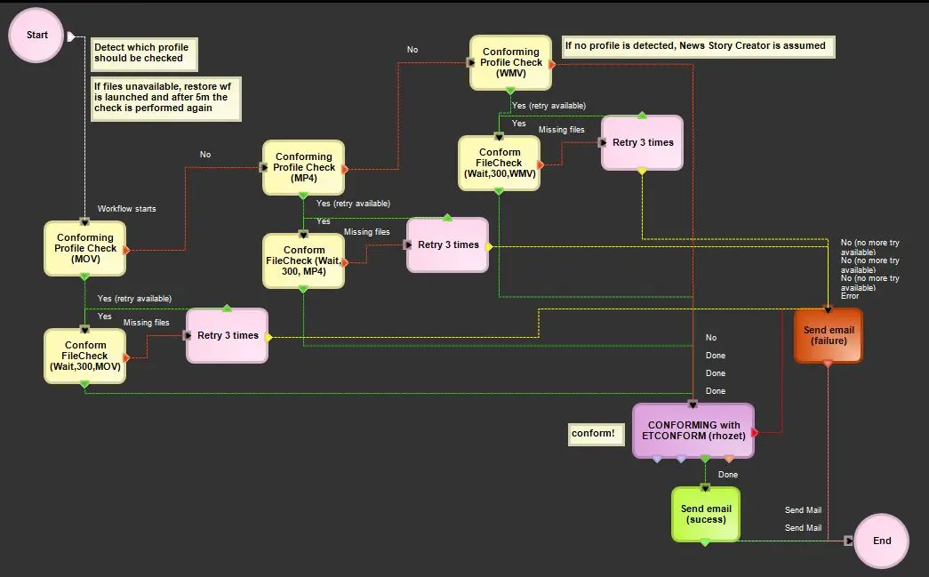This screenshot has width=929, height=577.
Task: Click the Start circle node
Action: pyautogui.click(x=37, y=36)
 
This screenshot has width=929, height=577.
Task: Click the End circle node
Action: pyautogui.click(x=881, y=541)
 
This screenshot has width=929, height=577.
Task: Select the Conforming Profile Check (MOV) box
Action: pyautogui.click(x=85, y=248)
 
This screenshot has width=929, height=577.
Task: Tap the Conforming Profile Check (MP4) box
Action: pyautogui.click(x=303, y=167)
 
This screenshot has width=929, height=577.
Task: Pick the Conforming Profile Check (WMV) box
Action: pyautogui.click(x=510, y=62)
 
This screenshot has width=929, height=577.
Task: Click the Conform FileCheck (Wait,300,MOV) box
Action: pyautogui.click(x=85, y=356)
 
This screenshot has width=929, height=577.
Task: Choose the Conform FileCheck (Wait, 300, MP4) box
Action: pyautogui.click(x=303, y=260)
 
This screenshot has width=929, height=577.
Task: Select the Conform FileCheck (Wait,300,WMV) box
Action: pyautogui.click(x=499, y=163)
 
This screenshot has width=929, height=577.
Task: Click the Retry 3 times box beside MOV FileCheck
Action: pyautogui.click(x=227, y=335)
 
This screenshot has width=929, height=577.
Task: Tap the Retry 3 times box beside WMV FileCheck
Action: pyautogui.click(x=642, y=142)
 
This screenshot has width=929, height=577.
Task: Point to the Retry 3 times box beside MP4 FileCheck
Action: pyautogui.click(x=447, y=244)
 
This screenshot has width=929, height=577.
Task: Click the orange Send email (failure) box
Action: pyautogui.click(x=828, y=335)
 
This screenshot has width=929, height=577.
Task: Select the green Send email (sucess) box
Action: pyautogui.click(x=705, y=514)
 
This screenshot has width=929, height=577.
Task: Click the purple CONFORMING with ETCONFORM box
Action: pyautogui.click(x=693, y=430)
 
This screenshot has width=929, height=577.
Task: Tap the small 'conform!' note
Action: pyautogui.click(x=593, y=433)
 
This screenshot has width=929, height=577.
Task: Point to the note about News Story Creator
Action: pyautogui.click(x=698, y=46)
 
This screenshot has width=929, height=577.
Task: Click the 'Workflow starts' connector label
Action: pyautogui.click(x=126, y=209)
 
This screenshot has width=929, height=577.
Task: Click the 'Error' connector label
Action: pyautogui.click(x=850, y=296)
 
